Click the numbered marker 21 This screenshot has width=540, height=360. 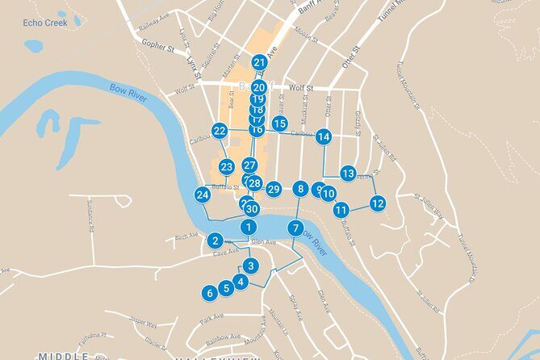[259, 62]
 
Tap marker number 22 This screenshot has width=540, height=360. [220, 130]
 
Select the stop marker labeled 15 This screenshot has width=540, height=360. [279, 123]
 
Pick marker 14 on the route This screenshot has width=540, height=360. [324, 136]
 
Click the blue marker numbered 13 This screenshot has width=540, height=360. [348, 173]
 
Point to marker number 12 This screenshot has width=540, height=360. [378, 203]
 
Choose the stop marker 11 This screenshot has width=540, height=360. [341, 210]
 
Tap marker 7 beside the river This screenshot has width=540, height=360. [296, 228]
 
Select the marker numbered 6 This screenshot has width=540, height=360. [210, 293]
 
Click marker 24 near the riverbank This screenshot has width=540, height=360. [202, 195]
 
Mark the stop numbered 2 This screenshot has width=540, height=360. [215, 240]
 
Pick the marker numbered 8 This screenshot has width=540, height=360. [300, 189]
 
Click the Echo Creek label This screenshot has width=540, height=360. [44, 23]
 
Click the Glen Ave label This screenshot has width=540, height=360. [263, 241]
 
